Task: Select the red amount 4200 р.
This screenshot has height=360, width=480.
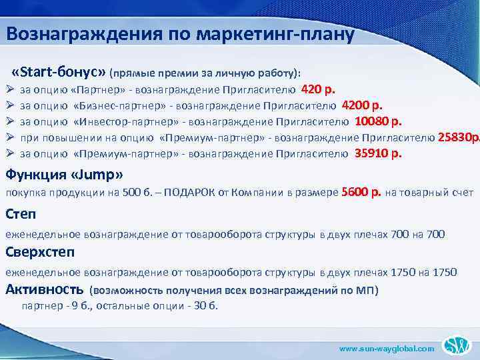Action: coord(362,105)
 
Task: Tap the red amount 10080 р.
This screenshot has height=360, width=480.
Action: coord(378,121)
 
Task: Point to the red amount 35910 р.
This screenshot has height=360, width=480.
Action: coord(378,153)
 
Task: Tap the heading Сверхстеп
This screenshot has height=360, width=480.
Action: coord(40,252)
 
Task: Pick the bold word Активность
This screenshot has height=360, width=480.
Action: coord(44,289)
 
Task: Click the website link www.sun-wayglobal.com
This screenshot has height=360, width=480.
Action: coord(387,349)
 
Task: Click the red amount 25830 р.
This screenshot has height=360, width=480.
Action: coord(458,137)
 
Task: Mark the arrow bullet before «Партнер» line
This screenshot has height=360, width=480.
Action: coord(9,89)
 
